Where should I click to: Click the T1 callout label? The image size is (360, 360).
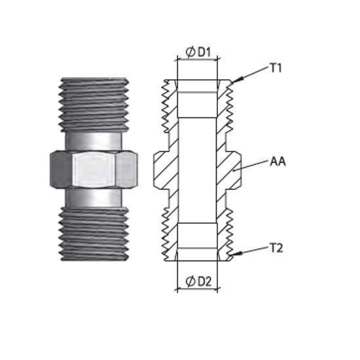click(x=276, y=68)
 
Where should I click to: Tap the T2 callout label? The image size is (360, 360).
click(x=276, y=248)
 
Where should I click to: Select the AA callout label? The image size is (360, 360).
click(x=278, y=162)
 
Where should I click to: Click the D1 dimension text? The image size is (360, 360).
click(x=204, y=52)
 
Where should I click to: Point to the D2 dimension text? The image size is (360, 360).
click(x=205, y=281)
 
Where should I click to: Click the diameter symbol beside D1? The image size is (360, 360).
click(x=190, y=52)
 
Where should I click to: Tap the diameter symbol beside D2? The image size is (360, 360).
click(x=190, y=281)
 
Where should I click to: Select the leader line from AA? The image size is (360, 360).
click(x=251, y=166)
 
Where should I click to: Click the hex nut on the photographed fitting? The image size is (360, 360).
click(x=94, y=170)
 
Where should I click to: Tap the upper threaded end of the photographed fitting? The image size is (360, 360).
click(x=94, y=105)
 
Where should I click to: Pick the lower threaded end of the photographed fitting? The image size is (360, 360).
click(x=94, y=234)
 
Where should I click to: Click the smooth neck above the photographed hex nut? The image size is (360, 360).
click(x=93, y=141)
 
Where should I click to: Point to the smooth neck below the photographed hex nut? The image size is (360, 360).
click(x=93, y=198)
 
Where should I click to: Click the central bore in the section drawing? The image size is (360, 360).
click(x=197, y=170)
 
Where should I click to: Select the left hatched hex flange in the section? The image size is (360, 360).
click(x=162, y=170)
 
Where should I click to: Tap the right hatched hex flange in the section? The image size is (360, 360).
click(x=234, y=170)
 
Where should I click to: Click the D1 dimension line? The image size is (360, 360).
click(x=197, y=60)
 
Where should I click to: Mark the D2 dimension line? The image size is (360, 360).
click(x=197, y=289)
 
